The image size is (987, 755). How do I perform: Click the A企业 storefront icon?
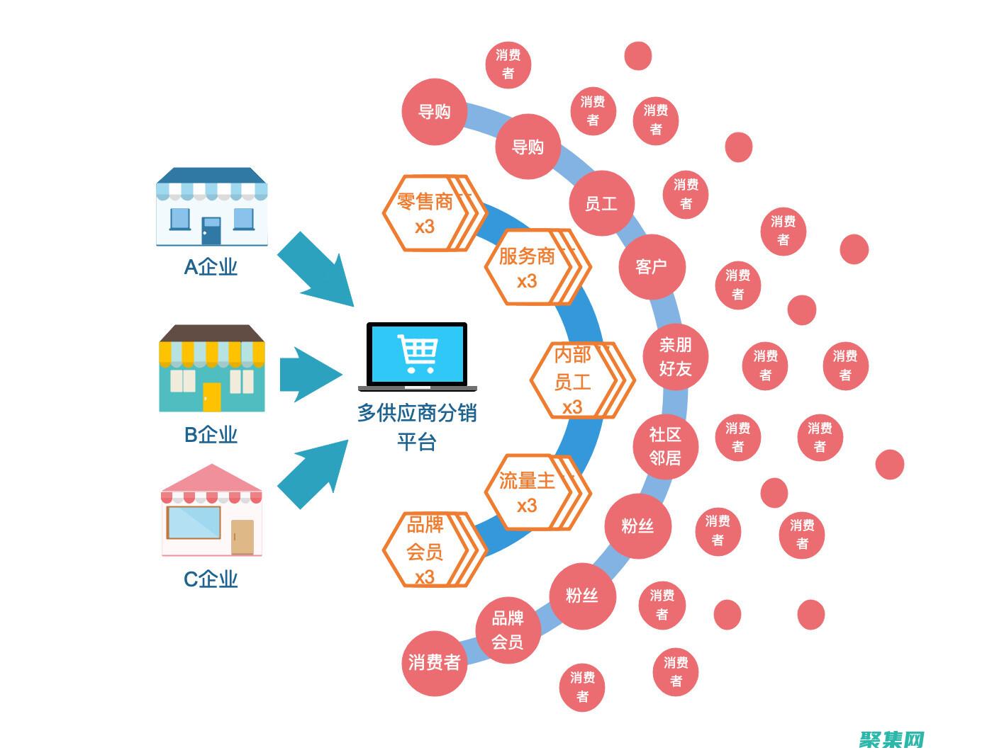pyautogui.click(x=211, y=207)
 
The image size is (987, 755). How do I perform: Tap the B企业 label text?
pyautogui.click(x=211, y=434)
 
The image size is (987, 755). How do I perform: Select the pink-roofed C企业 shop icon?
pyautogui.click(x=211, y=511)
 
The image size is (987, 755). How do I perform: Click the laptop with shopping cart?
pyautogui.click(x=417, y=356)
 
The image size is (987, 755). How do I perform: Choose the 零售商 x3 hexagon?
pyautogui.click(x=426, y=213)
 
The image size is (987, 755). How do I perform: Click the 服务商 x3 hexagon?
pyautogui.click(x=528, y=267)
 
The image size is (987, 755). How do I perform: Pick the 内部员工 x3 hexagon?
pyautogui.click(x=573, y=380)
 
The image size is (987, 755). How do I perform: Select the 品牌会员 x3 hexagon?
pyautogui.click(x=426, y=550)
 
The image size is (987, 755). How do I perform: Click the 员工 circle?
pyautogui.click(x=601, y=204)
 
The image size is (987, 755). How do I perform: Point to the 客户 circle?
pyautogui.click(x=652, y=266)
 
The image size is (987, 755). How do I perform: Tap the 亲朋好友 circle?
pyautogui.click(x=675, y=356)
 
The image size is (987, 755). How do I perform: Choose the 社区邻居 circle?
pyautogui.click(x=665, y=446)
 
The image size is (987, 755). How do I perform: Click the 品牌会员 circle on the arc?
pyautogui.click(x=508, y=630)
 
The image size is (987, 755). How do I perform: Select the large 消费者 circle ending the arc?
pyautogui.click(x=434, y=663)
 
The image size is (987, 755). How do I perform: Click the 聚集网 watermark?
pyautogui.click(x=892, y=739)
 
